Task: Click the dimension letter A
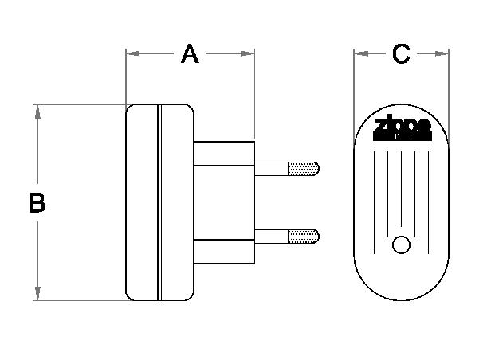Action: pos(189,54)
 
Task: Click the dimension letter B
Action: pos(37,203)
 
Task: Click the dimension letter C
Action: pos(401,54)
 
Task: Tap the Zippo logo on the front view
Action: pos(403,127)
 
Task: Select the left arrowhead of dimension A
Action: pos(132,54)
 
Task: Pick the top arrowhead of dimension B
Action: pos(37,110)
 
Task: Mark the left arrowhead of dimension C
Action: pos(360,54)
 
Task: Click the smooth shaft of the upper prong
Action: pos(271,168)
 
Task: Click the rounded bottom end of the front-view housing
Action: pos(402,287)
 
